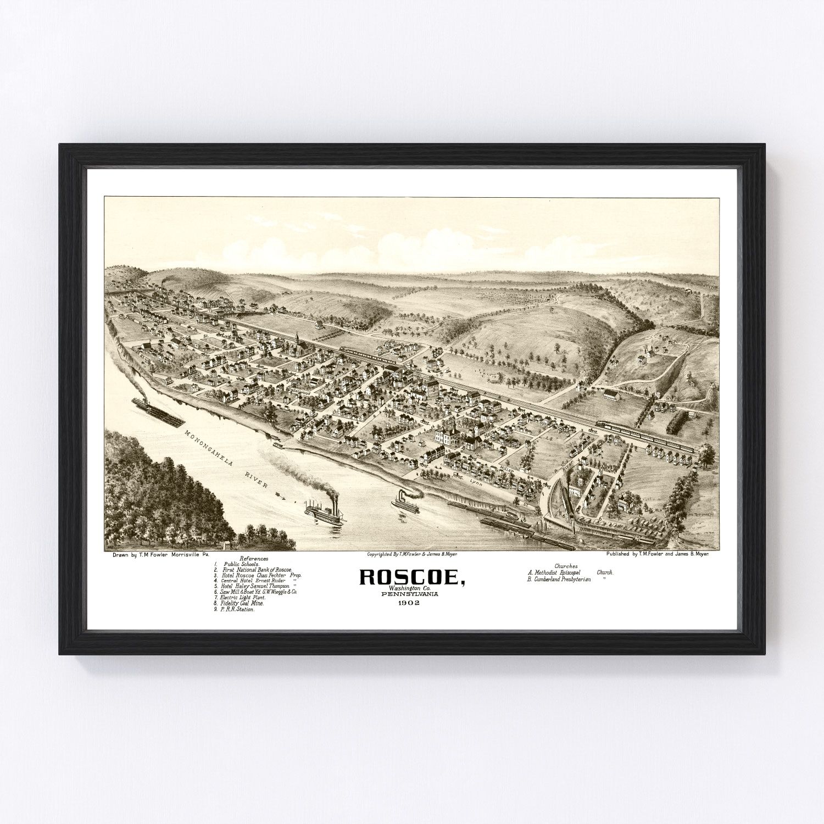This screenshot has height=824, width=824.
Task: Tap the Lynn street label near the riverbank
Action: click(x=476, y=467)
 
